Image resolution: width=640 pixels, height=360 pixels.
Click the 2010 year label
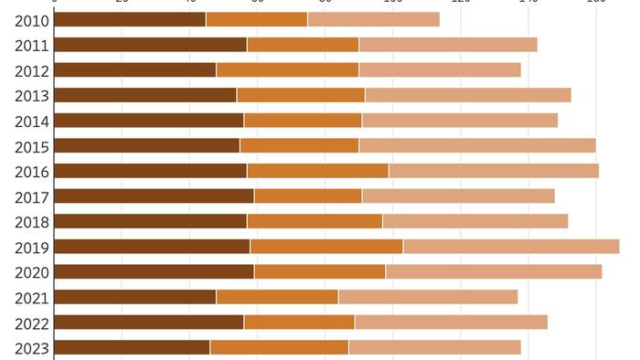pos(32,19)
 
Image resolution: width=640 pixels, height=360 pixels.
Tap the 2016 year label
pos(32,171)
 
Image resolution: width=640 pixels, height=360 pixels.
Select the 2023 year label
pos(32,347)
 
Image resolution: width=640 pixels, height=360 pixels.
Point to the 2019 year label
pos(32,247)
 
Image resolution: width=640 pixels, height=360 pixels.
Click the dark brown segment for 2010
pos(130,19)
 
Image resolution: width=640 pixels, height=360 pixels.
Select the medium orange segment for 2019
pos(326,247)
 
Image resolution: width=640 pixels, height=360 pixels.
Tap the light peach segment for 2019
pos(511,247)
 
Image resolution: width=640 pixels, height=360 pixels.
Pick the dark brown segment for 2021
pos(135,297)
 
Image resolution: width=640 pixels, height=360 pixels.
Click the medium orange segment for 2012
pos(287,69)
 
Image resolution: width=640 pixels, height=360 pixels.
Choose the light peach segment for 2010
pos(373,19)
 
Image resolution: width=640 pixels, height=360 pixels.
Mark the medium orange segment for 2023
pos(279,347)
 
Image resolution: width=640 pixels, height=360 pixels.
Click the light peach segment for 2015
pos(477,145)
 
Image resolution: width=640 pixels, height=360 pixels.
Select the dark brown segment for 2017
pos(155,196)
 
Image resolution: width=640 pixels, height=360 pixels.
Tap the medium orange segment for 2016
pos(317,171)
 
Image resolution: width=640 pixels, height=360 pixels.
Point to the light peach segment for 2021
pos(428,297)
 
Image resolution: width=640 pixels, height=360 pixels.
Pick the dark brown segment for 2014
pos(149,121)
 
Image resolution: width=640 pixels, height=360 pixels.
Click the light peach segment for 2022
pos(451,322)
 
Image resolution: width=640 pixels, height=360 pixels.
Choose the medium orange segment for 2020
pos(320,271)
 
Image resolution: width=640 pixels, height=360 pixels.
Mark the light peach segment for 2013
pos(468,95)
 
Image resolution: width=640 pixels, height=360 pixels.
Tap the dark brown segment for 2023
pos(133,347)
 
